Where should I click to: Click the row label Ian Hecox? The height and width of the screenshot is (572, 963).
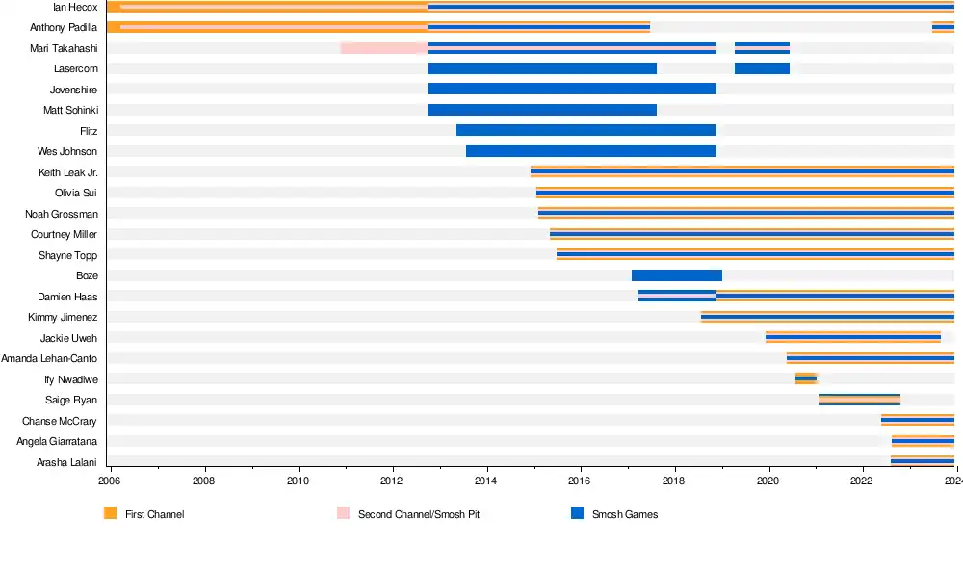[75, 7]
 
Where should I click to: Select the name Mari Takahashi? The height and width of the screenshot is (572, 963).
[64, 48]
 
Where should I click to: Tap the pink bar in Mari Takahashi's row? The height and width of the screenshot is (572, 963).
[383, 48]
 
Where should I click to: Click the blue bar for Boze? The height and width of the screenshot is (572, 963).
[676, 275]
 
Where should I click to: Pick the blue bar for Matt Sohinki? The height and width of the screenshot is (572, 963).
[541, 110]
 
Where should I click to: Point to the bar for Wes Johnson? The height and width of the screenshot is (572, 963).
[590, 151]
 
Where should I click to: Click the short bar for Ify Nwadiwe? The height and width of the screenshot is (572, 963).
[806, 378]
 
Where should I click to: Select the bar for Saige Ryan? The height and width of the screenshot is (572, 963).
[859, 400]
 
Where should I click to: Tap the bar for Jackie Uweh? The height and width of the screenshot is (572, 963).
[852, 337]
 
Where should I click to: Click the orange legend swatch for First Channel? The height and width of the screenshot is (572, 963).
[110, 514]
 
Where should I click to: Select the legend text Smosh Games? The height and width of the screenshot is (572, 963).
[625, 515]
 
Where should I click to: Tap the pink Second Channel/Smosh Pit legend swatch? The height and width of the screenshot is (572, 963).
[343, 514]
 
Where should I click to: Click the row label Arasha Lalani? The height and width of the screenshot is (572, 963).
[66, 462]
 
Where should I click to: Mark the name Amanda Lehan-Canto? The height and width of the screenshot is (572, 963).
[49, 358]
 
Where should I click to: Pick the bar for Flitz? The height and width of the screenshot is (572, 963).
[586, 130]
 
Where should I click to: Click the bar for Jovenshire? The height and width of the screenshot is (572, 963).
[571, 89]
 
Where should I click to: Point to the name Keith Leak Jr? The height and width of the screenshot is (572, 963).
[67, 172]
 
